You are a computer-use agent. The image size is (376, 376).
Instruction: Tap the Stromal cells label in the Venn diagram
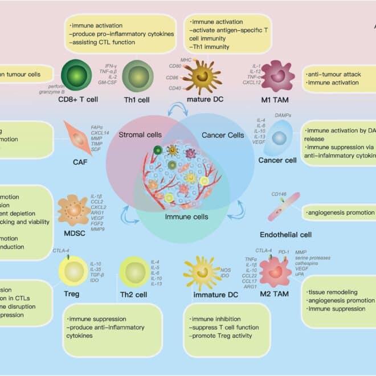click(x=140, y=135)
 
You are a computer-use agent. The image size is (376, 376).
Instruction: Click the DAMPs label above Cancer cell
click(x=281, y=115)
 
